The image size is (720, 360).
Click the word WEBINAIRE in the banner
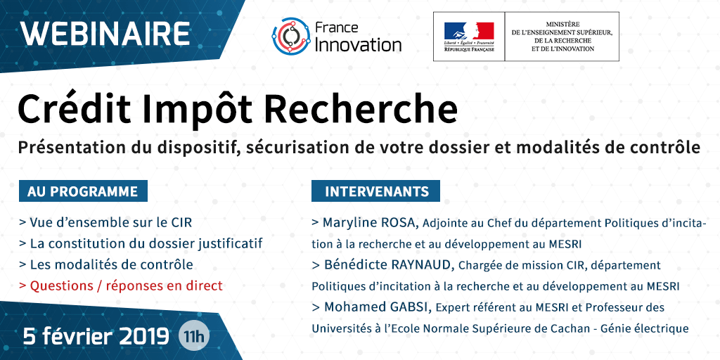point(105,34)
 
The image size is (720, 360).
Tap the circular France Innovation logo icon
point(291,37)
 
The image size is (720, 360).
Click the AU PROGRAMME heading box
point(83,191)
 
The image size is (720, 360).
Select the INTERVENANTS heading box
point(375,191)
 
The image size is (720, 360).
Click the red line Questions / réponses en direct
point(121,285)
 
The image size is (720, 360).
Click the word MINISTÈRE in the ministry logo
point(562,23)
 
